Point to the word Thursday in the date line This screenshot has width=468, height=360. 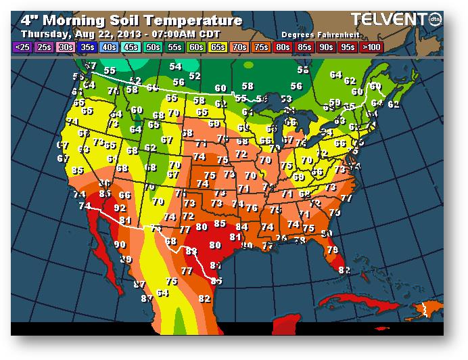point(47,33)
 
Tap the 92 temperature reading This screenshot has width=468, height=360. point(120,208)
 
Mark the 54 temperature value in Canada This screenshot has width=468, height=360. point(176,66)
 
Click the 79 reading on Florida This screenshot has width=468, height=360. point(332,250)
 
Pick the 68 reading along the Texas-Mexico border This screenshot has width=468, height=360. point(171,242)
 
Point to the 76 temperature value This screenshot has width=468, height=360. point(252,208)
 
